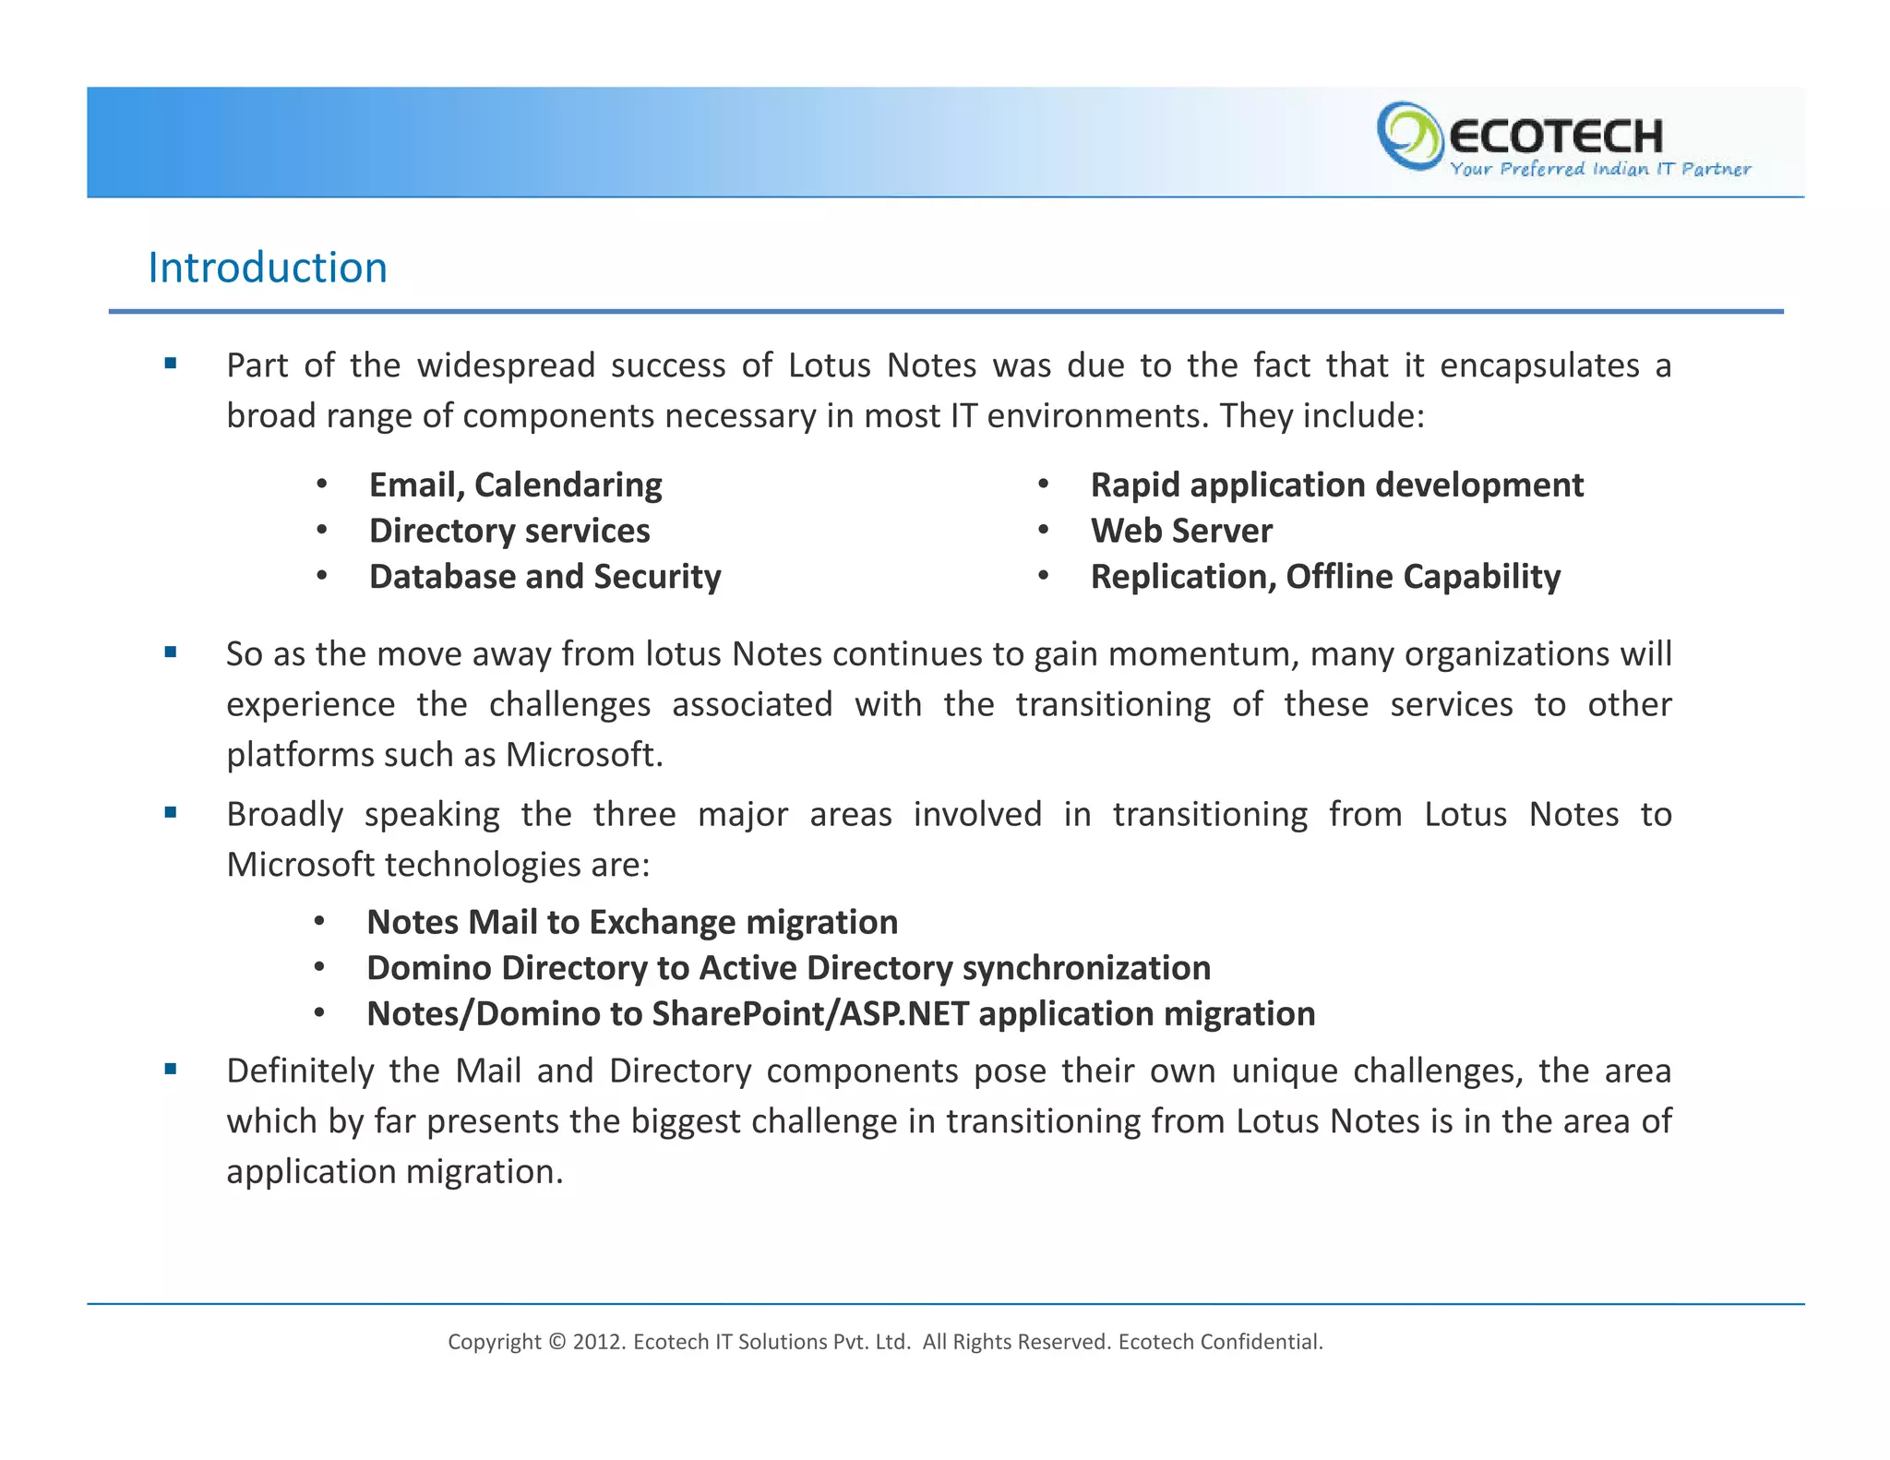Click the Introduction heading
[x=268, y=269]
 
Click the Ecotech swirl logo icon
[x=1408, y=137]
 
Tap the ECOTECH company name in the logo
[x=1556, y=137]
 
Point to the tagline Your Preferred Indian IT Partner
[x=1599, y=169]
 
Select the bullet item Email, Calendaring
[x=515, y=485]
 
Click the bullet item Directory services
[x=509, y=532]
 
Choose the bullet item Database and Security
[x=544, y=577]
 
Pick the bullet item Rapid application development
[x=1336, y=485]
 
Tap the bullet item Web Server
[x=1181, y=532]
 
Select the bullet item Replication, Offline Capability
[x=1325, y=577]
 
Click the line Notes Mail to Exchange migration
[x=632, y=923]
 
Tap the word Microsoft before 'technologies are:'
[x=300, y=865]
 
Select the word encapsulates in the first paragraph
[x=1539, y=366]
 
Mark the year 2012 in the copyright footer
[x=599, y=1342]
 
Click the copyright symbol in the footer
[x=556, y=1342]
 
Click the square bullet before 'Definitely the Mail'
[x=171, y=1070]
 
